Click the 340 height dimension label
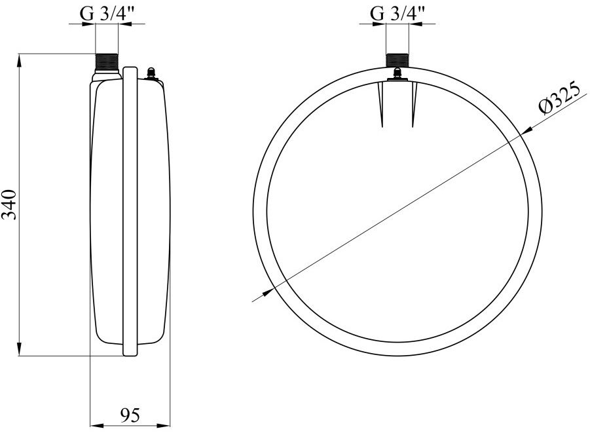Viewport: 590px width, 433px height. [9, 205]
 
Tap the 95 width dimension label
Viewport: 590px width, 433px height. [130, 415]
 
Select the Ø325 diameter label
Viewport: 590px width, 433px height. [559, 100]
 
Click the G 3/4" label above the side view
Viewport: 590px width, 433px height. [107, 14]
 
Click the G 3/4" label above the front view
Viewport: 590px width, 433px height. [397, 14]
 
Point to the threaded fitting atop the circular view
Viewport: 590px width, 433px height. [397, 60]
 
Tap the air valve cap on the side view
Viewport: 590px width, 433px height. [151, 71]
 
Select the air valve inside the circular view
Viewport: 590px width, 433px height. [397, 74]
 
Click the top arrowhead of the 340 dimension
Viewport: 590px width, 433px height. [20, 60]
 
